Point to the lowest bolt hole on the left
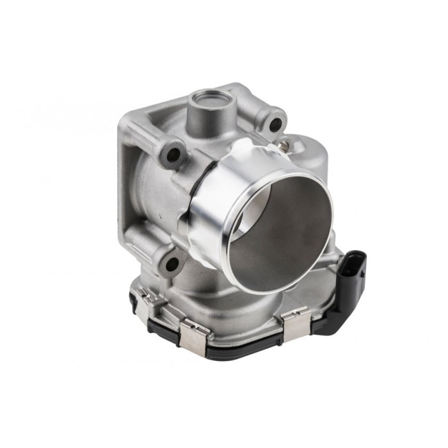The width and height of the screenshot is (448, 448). click(172, 262)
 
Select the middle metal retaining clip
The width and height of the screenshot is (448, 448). click(193, 334)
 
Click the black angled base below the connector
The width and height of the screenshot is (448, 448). click(330, 320)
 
